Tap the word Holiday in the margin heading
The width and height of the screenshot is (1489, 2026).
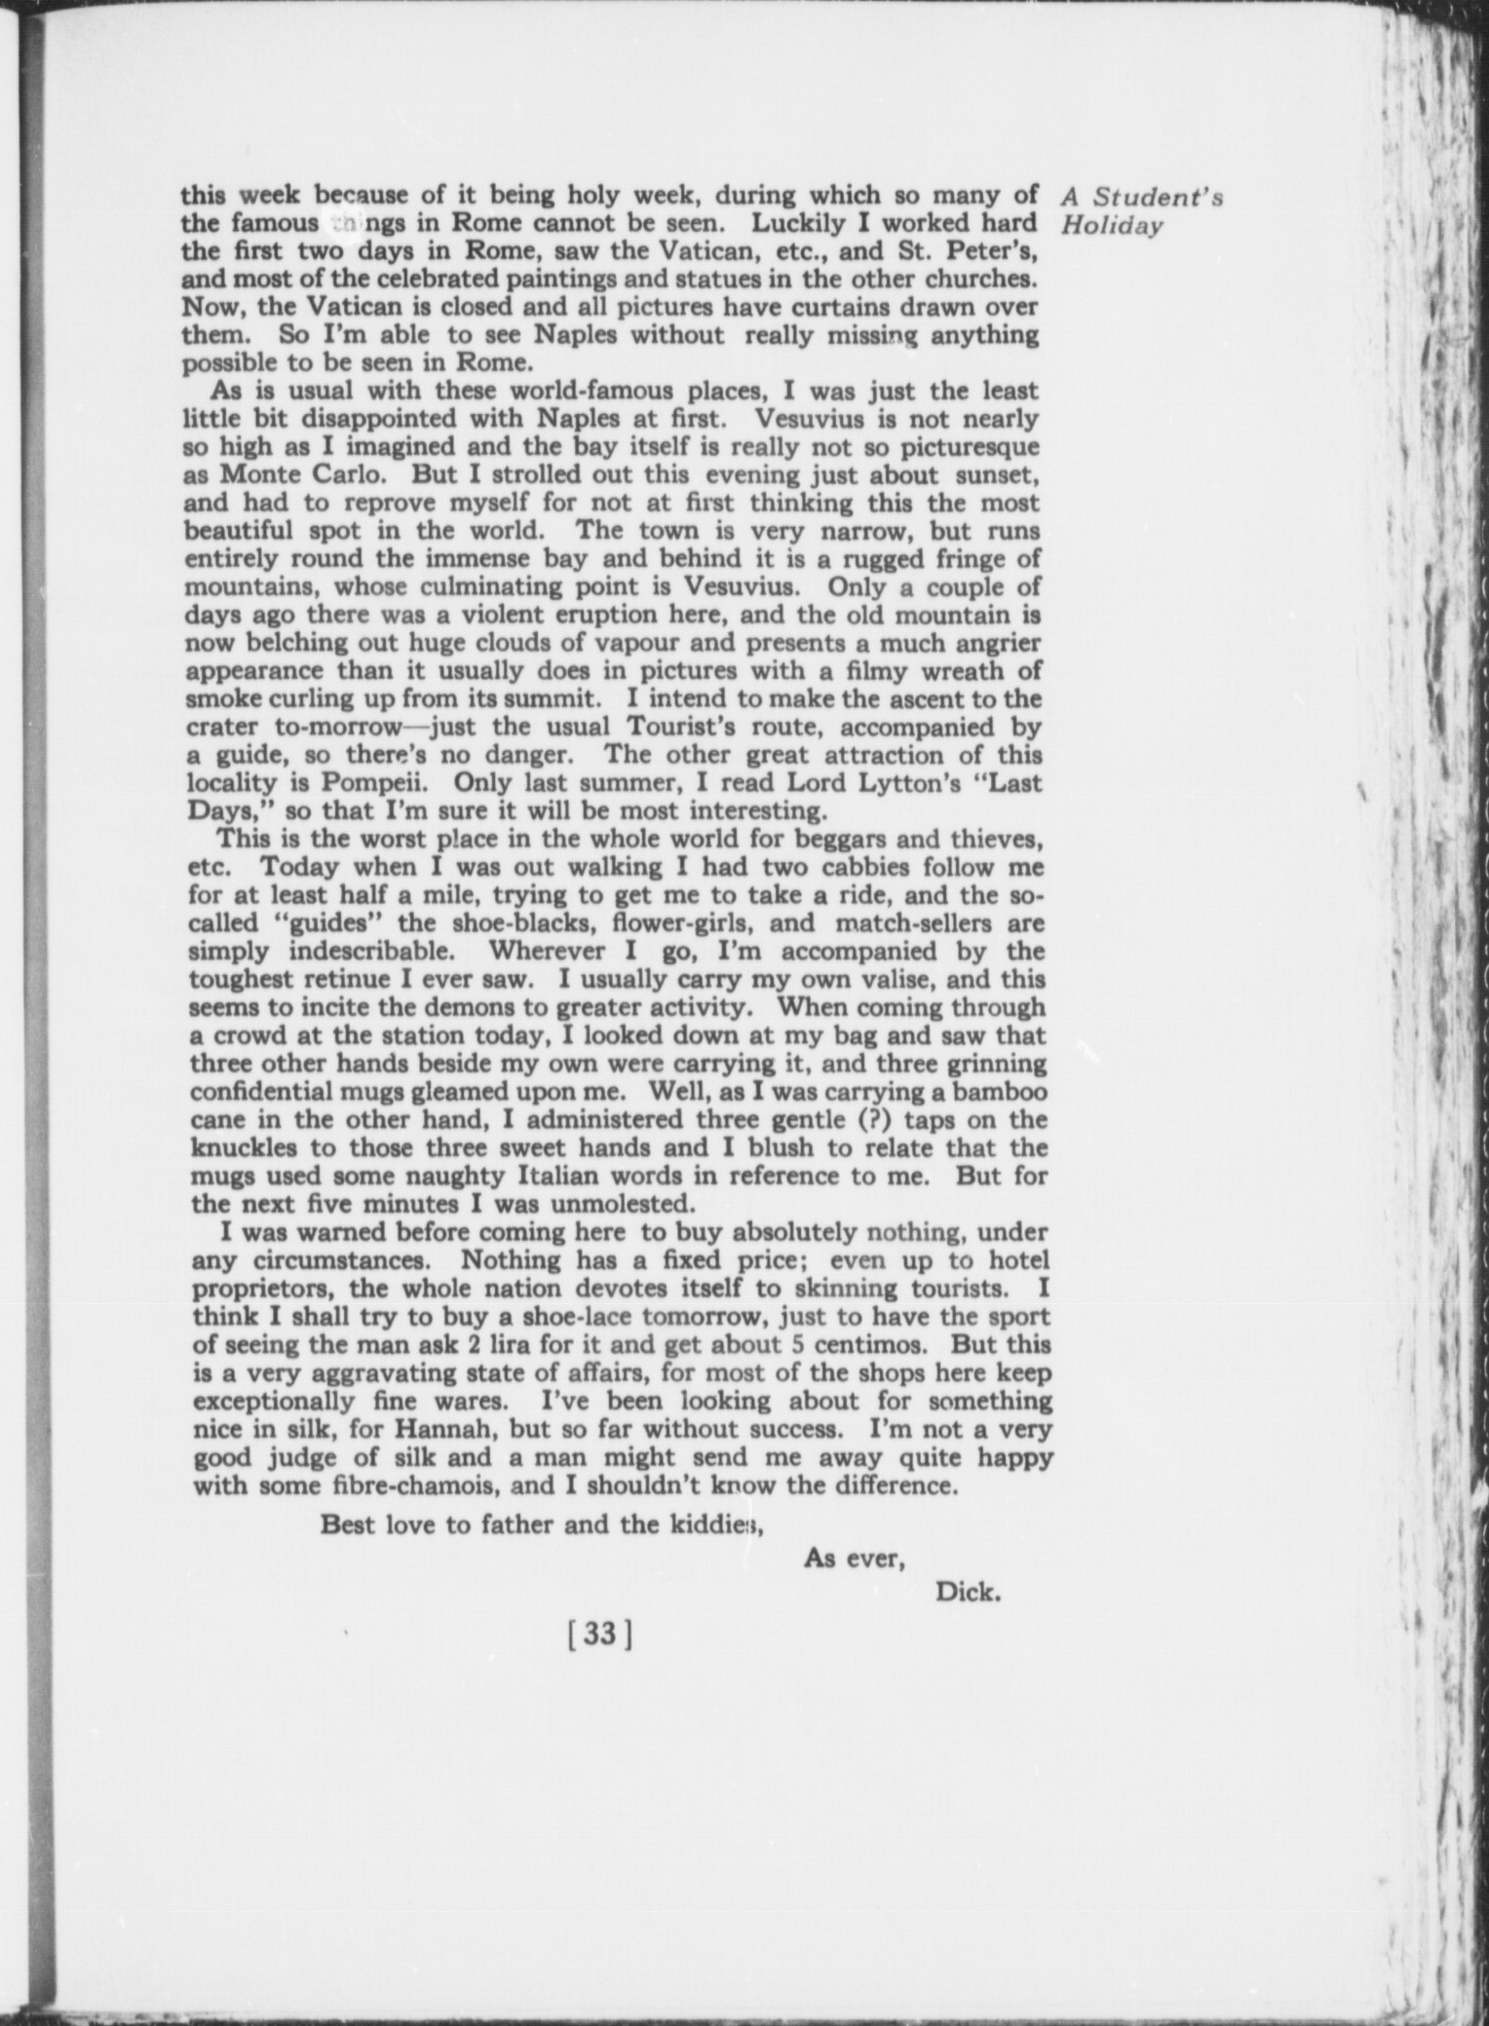click(1112, 226)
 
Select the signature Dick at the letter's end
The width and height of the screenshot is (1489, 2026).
click(968, 1593)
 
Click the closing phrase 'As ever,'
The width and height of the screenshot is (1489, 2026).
click(855, 1559)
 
